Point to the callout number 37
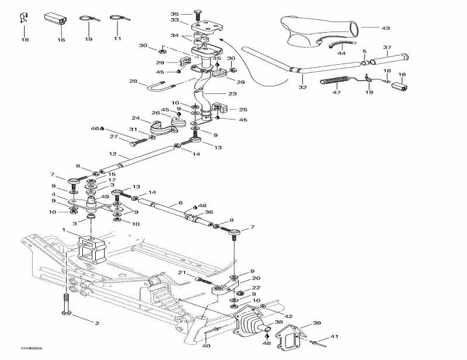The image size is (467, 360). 386,47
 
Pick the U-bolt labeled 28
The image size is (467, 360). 163,88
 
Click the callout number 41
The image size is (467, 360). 334,336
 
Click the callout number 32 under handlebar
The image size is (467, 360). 302,88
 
